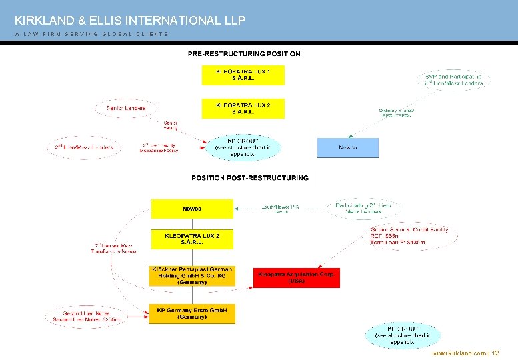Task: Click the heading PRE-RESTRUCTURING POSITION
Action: (x=244, y=53)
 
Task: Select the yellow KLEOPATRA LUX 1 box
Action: (x=243, y=75)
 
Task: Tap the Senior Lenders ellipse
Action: (x=126, y=107)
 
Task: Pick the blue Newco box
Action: (x=347, y=147)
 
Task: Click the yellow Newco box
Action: (x=192, y=209)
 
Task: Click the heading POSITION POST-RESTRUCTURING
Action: (x=250, y=178)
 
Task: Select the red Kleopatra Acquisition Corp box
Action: (x=297, y=277)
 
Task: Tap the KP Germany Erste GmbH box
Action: (x=192, y=313)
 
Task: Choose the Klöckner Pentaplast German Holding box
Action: (x=192, y=276)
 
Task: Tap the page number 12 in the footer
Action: (x=495, y=353)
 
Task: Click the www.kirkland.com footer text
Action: (x=459, y=353)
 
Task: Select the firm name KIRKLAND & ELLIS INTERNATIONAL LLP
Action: (x=130, y=21)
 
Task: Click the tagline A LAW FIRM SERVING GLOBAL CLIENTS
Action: (x=91, y=34)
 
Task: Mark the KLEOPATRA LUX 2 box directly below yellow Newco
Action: (x=192, y=239)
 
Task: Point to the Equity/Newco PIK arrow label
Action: (x=280, y=209)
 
